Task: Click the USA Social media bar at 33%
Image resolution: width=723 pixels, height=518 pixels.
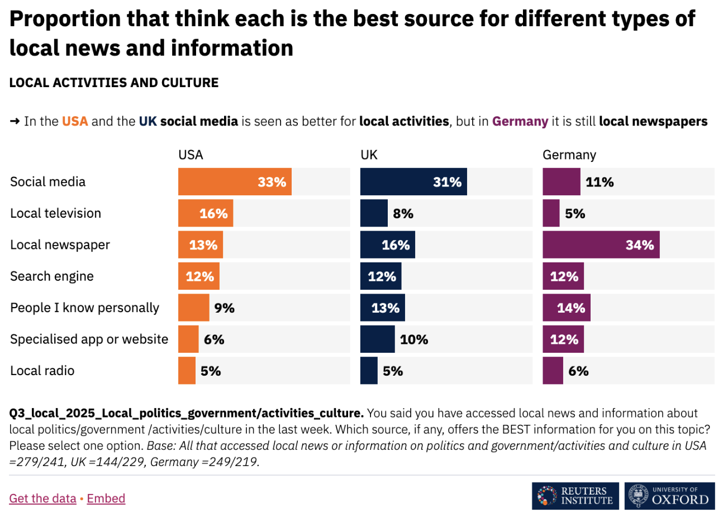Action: click(235, 182)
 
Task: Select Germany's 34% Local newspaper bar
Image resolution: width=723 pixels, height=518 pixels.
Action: click(601, 245)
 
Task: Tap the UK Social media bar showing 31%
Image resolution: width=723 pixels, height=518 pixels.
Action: click(413, 182)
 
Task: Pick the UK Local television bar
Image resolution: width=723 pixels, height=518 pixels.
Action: click(374, 213)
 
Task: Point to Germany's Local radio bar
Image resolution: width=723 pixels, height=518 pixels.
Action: click(553, 371)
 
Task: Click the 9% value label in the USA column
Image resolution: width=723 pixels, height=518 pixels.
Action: click(224, 308)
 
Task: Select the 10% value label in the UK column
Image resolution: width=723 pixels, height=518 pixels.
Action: click(414, 339)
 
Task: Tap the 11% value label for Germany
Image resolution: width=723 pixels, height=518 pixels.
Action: click(600, 182)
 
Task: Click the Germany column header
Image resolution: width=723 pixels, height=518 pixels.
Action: click(569, 155)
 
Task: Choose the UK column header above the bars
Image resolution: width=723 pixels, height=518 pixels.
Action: click(369, 155)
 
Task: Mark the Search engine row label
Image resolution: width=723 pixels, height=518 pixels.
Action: click(52, 276)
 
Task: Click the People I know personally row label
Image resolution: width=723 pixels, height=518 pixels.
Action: click(84, 308)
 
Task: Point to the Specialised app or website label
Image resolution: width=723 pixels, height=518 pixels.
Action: click(89, 339)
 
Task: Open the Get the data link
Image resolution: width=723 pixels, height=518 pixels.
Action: click(42, 498)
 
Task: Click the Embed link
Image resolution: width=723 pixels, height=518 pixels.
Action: click(106, 498)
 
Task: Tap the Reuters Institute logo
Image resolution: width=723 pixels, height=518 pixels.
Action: click(575, 496)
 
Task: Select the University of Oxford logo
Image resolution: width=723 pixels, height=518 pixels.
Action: click(669, 496)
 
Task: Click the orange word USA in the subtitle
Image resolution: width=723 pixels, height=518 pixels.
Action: click(75, 121)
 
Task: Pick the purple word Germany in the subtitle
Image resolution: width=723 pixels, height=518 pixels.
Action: click(520, 121)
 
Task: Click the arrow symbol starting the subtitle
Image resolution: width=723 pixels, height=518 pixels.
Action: click(15, 121)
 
